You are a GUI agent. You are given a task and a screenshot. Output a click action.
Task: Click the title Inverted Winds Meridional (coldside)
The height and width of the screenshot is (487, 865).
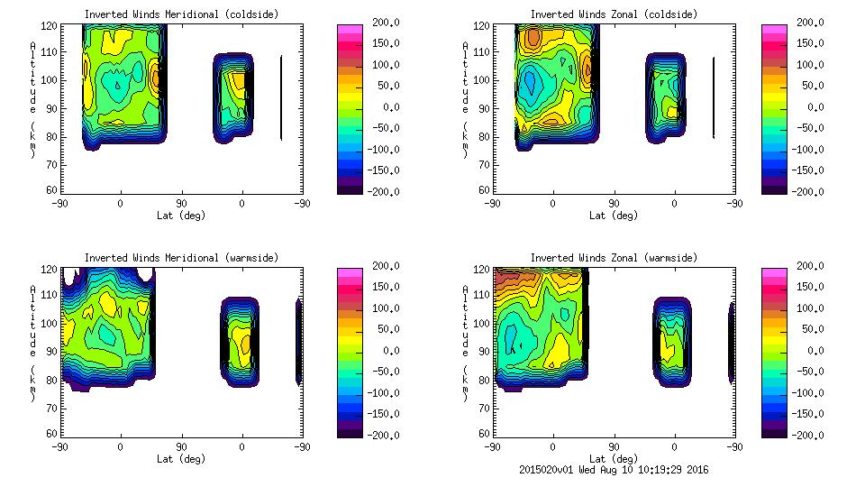(181, 14)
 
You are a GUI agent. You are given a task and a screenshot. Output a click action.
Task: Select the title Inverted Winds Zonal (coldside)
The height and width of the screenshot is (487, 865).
(614, 14)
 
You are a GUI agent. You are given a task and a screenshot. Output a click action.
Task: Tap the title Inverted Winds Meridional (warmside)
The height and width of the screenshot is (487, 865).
(181, 258)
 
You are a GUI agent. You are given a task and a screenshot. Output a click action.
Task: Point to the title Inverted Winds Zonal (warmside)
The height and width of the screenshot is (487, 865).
(614, 258)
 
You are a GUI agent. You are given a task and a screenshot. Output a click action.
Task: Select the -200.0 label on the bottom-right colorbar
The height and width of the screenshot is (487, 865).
(806, 436)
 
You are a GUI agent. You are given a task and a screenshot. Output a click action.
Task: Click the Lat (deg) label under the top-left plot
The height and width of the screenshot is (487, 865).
(181, 216)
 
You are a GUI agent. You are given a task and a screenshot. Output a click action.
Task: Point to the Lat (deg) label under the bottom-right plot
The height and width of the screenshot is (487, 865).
(614, 458)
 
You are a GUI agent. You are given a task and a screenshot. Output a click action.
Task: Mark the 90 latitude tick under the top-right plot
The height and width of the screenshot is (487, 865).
(614, 204)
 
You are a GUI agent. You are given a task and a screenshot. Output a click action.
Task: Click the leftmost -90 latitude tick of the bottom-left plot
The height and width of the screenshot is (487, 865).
(59, 447)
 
